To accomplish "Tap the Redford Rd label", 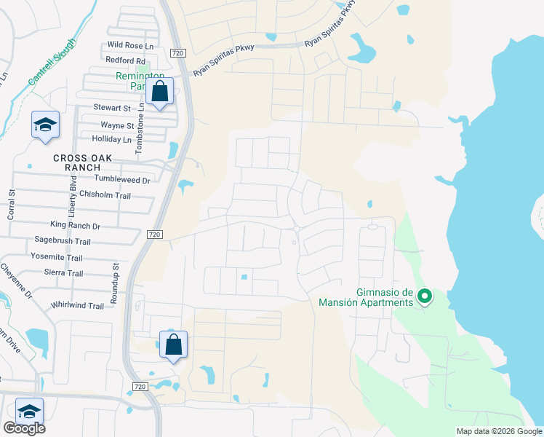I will pos(125,60).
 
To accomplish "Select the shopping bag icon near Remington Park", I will pos(159,92).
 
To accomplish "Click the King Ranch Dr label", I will pos(75,226).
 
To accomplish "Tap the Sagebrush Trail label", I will pos(63,241).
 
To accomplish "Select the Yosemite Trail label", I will pos(57,257).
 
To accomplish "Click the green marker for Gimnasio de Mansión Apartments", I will pos(425,296).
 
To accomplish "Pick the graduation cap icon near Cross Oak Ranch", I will pos(45,125).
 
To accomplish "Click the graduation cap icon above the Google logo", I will pos(29,412).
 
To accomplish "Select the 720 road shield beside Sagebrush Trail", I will pos(153,235).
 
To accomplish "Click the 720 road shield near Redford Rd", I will pos(179,53).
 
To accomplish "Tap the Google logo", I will pos(24,428).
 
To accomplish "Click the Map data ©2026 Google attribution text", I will pos(498,431).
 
